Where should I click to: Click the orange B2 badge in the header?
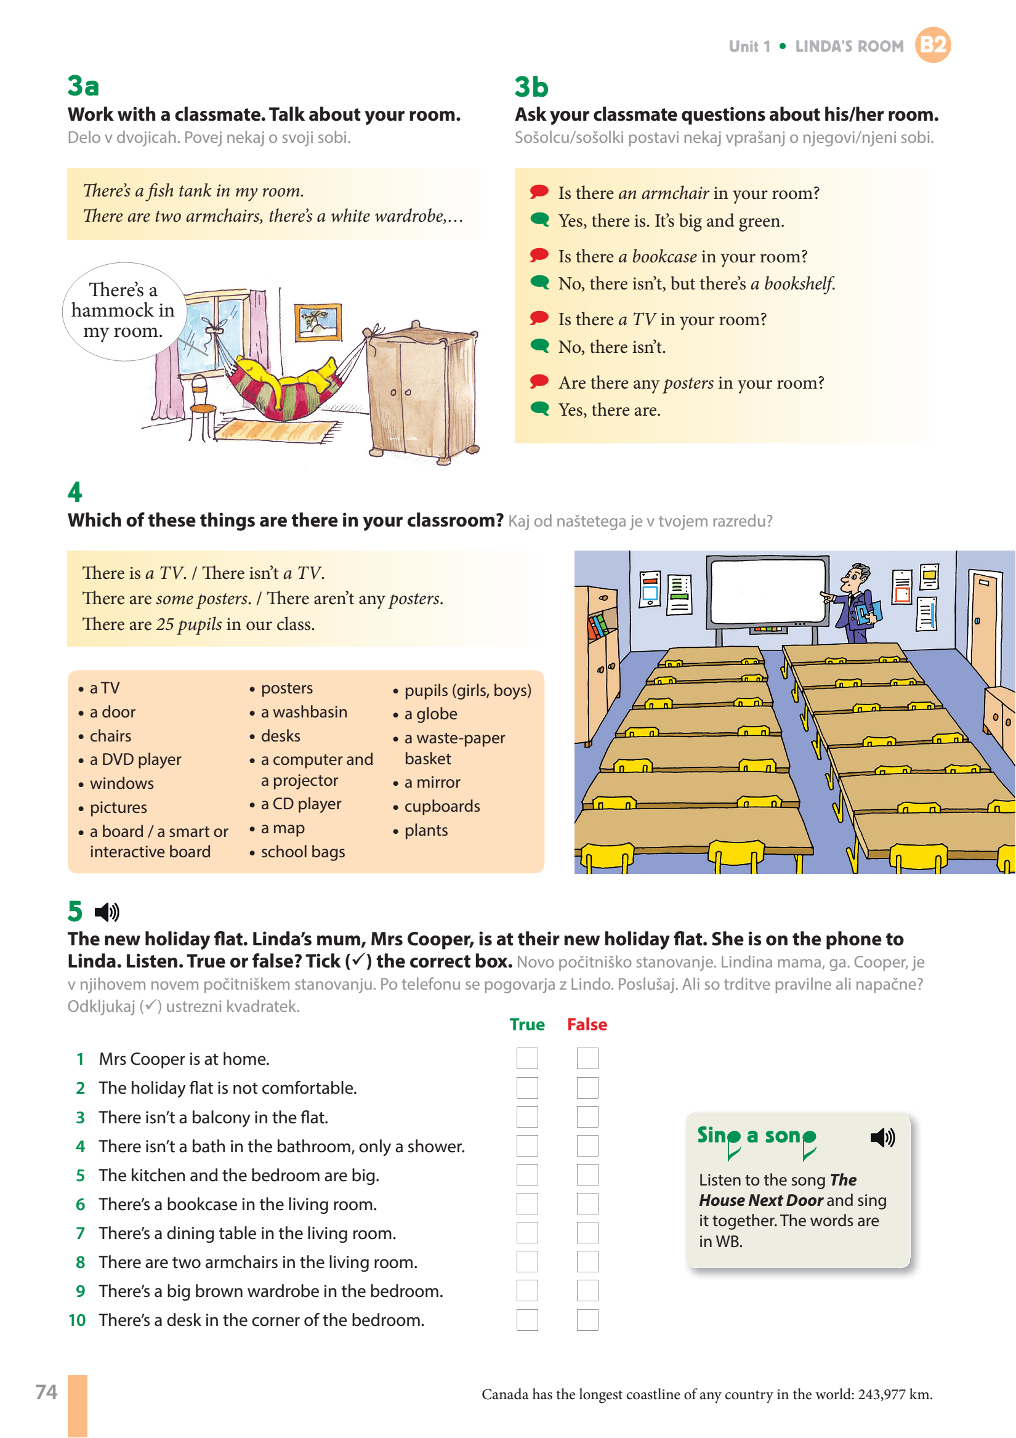932,45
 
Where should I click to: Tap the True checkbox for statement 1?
527,1059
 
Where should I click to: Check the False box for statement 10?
587,1320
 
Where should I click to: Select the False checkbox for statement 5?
587,1175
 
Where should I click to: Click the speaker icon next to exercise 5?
107,912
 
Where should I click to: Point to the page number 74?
46,1392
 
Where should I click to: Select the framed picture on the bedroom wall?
318,321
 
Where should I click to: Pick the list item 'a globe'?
431,714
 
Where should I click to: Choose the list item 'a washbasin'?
304,712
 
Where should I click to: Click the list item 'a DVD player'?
135,760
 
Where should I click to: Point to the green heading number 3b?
531,87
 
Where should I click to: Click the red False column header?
587,1025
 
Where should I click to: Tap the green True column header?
527,1025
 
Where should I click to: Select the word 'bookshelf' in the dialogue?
799,284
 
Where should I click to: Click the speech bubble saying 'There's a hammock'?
123,310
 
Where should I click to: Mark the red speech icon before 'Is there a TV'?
539,318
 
